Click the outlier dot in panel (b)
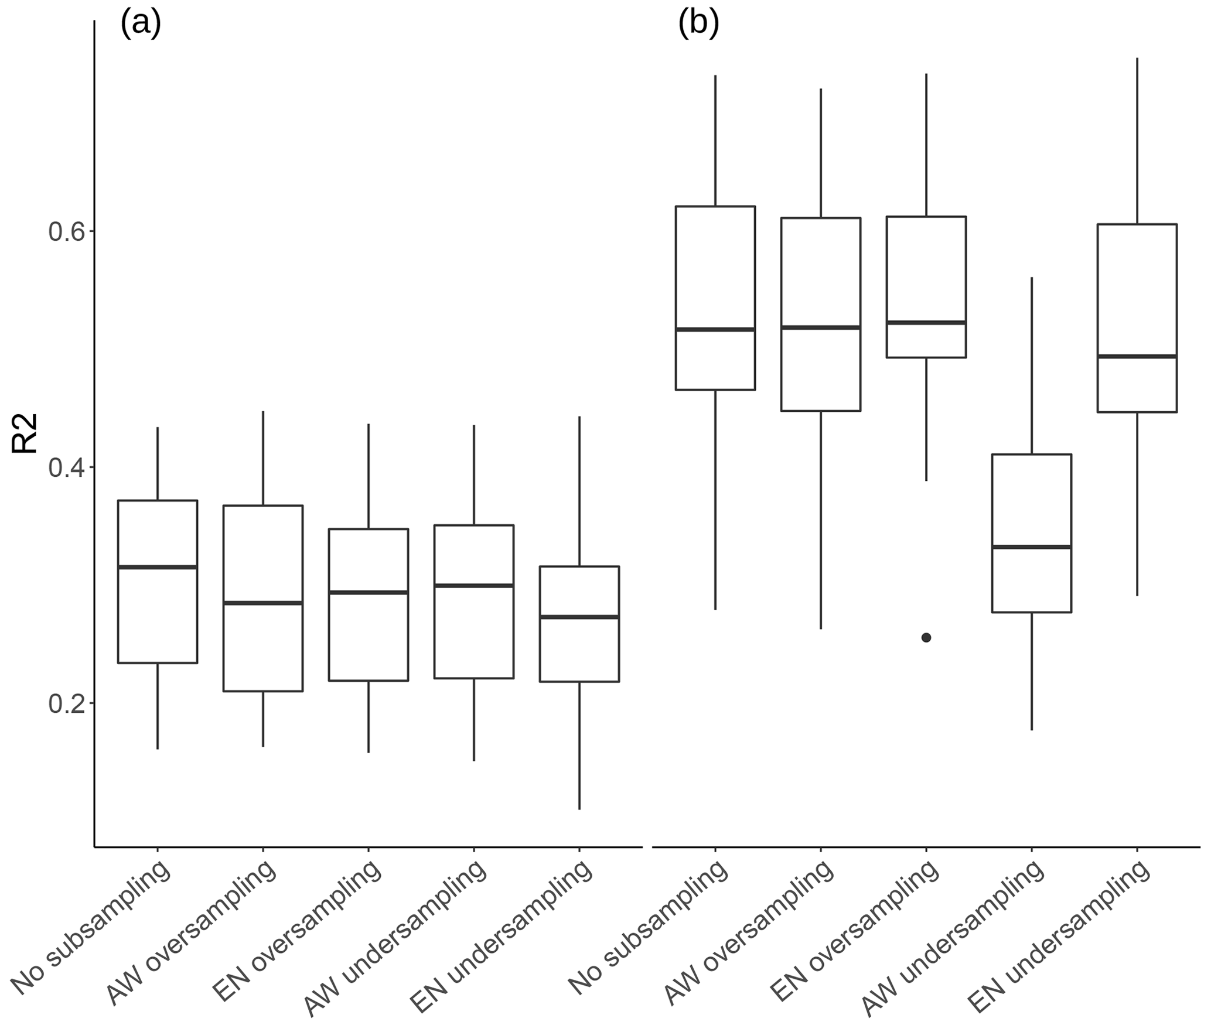pyautogui.click(x=926, y=638)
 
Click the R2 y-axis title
pyautogui.click(x=25, y=433)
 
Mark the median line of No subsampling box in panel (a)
pyautogui.click(x=158, y=567)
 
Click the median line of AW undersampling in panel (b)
pyautogui.click(x=1031, y=546)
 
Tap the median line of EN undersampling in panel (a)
pyautogui.click(x=579, y=617)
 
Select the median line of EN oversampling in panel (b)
pyautogui.click(x=926, y=322)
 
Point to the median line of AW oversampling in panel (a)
pyautogui.click(x=263, y=603)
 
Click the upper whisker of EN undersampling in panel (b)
pyautogui.click(x=1137, y=141)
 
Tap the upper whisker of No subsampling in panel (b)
pyautogui.click(x=715, y=141)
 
